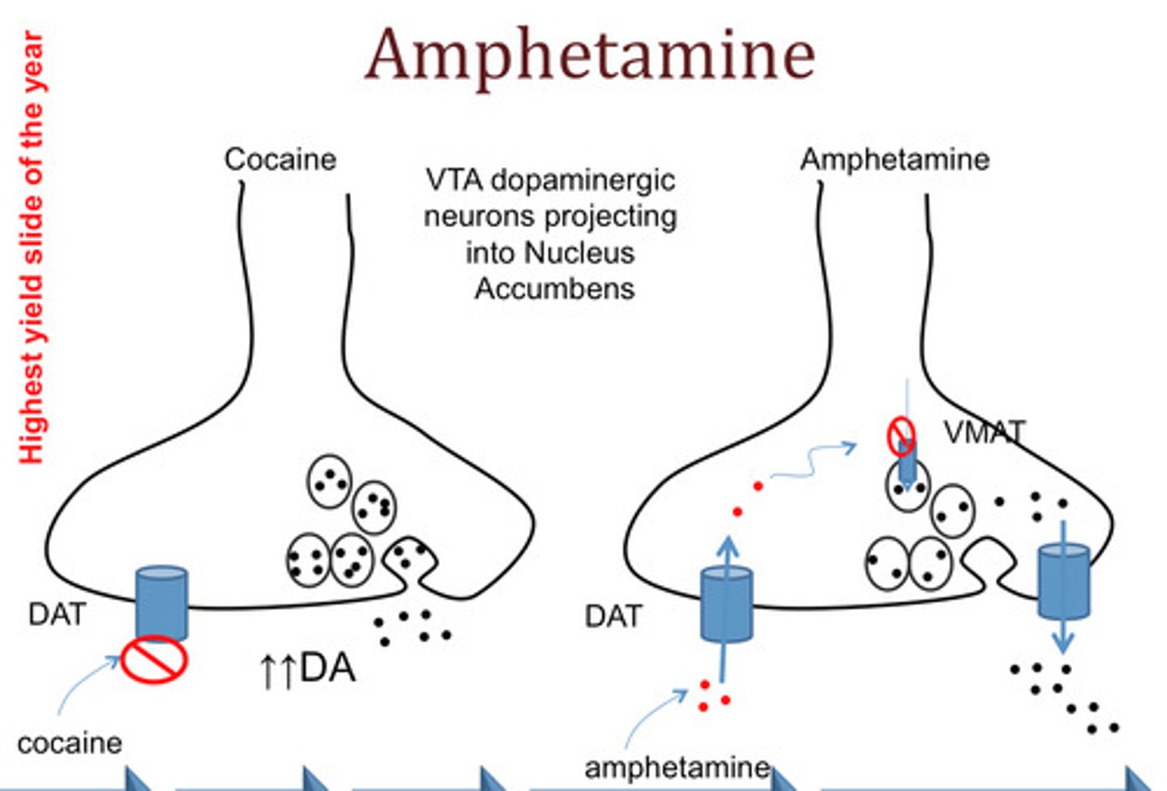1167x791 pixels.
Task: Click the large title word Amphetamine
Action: (x=589, y=55)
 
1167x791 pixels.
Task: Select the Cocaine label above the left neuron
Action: (x=280, y=160)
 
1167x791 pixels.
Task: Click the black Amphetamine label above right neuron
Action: (x=895, y=160)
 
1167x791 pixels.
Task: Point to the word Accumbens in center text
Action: (x=554, y=289)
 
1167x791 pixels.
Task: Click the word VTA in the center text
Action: (x=455, y=180)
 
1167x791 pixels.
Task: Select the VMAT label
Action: (x=984, y=432)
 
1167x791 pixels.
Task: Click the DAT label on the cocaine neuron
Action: (x=57, y=614)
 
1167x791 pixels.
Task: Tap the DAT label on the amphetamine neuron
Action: (x=613, y=617)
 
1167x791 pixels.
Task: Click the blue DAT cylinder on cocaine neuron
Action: (x=162, y=602)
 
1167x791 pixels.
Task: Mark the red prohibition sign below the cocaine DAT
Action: (x=154, y=659)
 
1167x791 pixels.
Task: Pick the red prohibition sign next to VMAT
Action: (x=901, y=435)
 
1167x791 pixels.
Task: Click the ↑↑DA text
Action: (x=307, y=669)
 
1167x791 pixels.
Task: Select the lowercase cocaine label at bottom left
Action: (x=69, y=742)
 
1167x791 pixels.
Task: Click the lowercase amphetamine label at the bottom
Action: (x=677, y=767)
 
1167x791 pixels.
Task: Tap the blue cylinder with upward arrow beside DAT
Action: (x=726, y=604)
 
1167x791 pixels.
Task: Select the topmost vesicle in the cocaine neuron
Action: (x=329, y=481)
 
